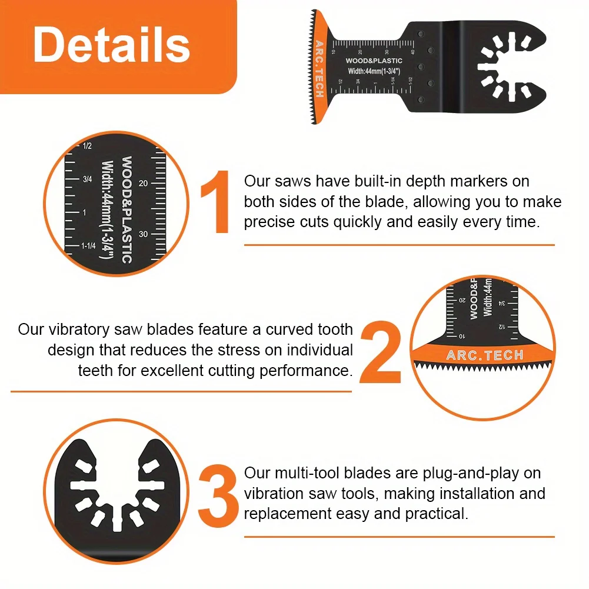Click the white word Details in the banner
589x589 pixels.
point(111,45)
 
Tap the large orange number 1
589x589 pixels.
point(215,202)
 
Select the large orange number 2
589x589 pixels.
point(381,352)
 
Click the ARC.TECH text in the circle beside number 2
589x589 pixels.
point(485,355)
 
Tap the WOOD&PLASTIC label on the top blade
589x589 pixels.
point(374,61)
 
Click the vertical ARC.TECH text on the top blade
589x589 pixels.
point(320,69)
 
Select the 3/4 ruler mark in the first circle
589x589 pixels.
point(87,179)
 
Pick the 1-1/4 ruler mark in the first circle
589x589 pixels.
point(88,246)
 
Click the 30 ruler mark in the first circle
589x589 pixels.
point(143,234)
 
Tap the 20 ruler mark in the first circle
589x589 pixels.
point(143,184)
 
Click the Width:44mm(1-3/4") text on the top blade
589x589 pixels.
point(374,71)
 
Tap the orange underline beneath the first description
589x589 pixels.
point(400,245)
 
